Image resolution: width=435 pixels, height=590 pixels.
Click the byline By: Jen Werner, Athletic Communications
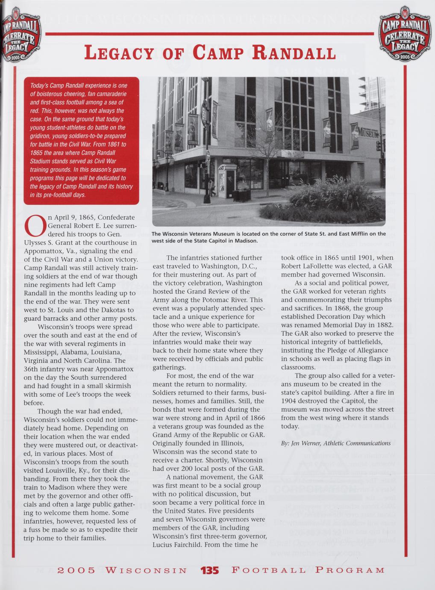click(336, 443)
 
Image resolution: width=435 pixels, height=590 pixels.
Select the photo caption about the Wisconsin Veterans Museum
click(268, 237)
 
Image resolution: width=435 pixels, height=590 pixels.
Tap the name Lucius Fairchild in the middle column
click(178, 545)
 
